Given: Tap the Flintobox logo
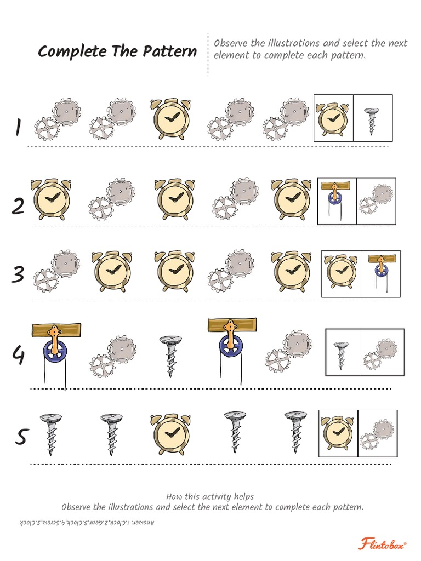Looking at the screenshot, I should (x=383, y=544).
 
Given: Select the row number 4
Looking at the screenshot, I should (x=18, y=356).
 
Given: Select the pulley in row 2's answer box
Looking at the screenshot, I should (x=335, y=199).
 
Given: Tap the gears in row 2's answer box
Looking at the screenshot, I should (x=376, y=199).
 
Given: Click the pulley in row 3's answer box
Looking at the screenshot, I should (x=380, y=272).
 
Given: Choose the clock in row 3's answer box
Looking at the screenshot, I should (x=341, y=273).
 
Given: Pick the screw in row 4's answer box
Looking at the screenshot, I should (x=341, y=353).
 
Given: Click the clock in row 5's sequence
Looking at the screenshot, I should (x=170, y=434).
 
